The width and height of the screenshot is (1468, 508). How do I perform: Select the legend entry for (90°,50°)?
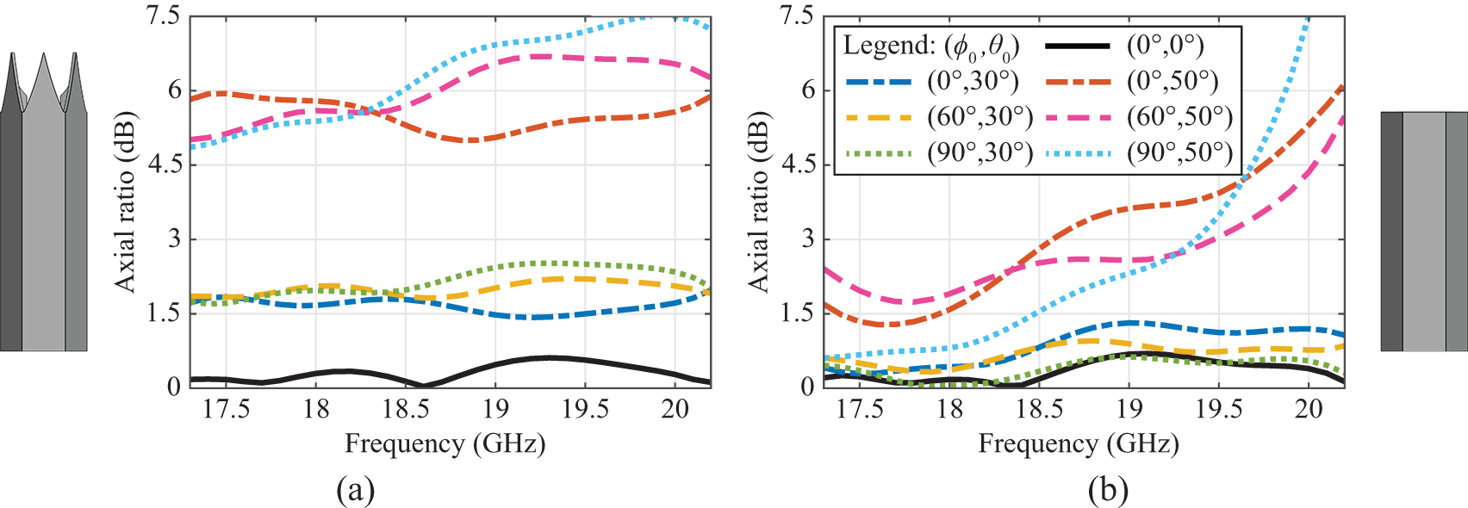coord(1179,152)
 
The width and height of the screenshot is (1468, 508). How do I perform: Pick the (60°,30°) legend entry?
coord(980,116)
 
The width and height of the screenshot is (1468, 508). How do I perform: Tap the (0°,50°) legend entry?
coord(1172,81)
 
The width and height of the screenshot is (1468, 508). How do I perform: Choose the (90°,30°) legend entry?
coord(980,152)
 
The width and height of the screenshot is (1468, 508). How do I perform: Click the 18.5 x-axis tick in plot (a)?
coord(406,409)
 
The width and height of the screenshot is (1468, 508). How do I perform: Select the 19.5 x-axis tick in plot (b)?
coord(1219,409)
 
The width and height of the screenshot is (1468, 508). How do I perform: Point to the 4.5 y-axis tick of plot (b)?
coord(797,164)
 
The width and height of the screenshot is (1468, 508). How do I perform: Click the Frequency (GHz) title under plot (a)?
coord(445,444)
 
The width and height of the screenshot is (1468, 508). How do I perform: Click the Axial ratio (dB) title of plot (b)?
coord(758,201)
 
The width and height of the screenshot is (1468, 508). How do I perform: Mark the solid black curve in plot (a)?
coord(551,357)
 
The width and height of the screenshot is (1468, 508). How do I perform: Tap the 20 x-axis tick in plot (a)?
coord(675,409)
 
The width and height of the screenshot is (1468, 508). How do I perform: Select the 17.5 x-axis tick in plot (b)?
coord(860,409)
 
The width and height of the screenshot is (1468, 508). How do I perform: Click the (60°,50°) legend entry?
coord(1179,116)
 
